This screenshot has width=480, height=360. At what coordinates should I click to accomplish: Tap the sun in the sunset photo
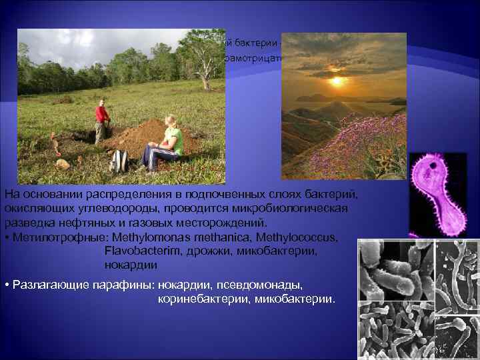(x=338, y=81)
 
